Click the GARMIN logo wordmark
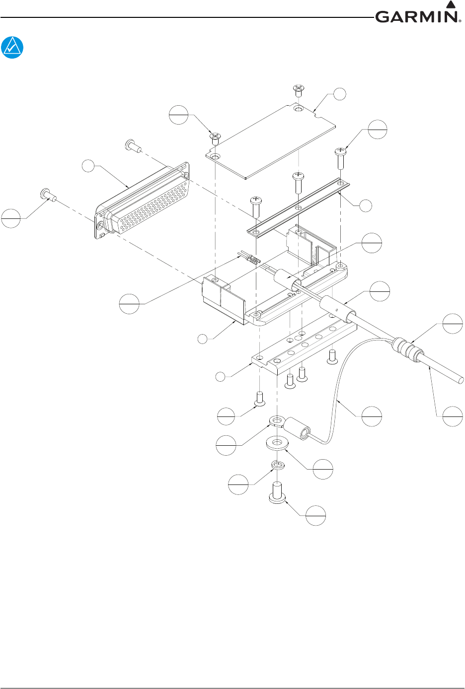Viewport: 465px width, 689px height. click(x=416, y=17)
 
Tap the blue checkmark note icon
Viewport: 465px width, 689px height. click(x=12, y=48)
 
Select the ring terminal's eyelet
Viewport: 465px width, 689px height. click(x=275, y=422)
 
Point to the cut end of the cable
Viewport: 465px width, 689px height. click(x=461, y=380)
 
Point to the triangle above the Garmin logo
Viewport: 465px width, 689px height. click(x=451, y=5)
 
